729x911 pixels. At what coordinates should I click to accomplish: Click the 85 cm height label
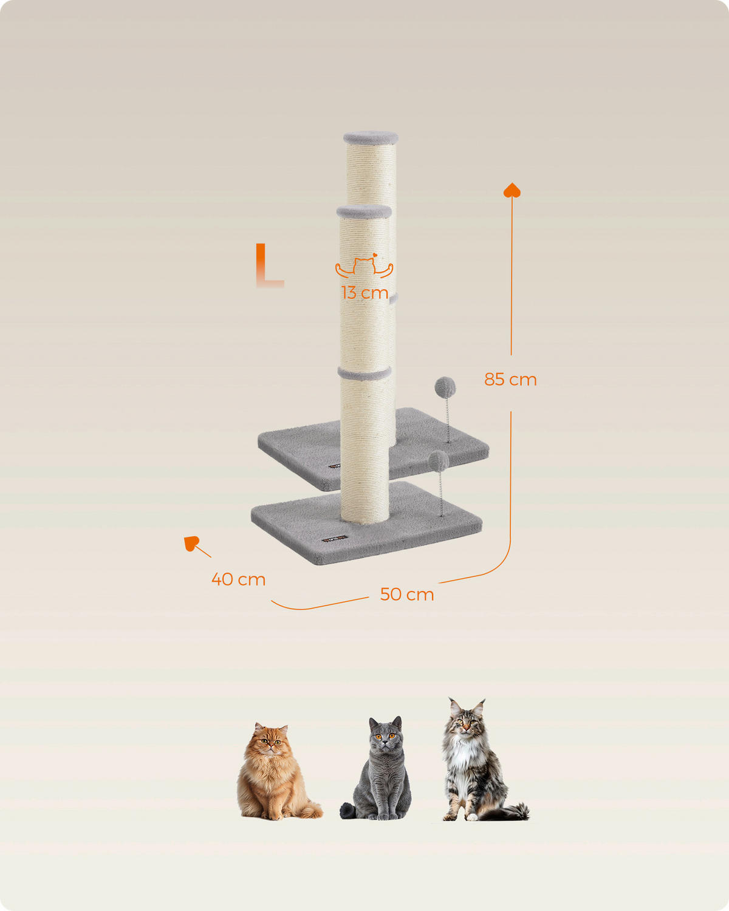[510, 380]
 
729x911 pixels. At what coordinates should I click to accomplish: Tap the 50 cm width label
[407, 595]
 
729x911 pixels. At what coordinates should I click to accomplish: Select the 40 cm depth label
[239, 579]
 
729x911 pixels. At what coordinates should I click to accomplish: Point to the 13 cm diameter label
[364, 293]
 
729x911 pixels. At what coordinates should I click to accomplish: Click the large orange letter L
[269, 265]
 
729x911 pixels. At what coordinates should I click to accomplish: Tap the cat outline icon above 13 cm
[364, 266]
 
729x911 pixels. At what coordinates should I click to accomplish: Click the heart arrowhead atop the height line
[512, 190]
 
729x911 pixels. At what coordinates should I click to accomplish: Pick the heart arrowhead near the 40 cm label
[191, 543]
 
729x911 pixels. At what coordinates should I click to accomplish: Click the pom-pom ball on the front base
[438, 461]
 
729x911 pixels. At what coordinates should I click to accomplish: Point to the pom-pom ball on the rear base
[445, 387]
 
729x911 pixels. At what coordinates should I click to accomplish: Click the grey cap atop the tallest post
[371, 138]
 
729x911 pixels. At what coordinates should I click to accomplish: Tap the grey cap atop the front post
[364, 212]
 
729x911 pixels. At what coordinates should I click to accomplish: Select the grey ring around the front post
[364, 374]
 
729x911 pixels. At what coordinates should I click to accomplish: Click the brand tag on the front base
[334, 539]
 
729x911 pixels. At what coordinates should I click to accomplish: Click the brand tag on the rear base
[335, 466]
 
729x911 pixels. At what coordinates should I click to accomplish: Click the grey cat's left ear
[374, 723]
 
